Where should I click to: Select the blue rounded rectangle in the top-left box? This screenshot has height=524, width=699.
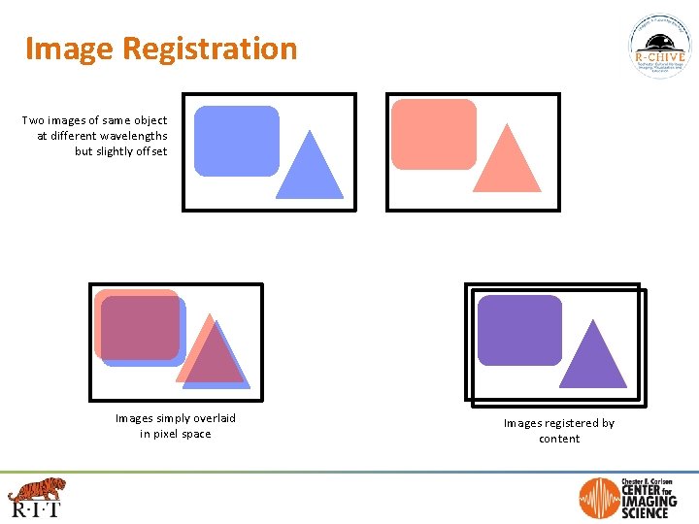click(x=236, y=141)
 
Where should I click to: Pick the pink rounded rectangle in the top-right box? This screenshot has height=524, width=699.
click(x=433, y=134)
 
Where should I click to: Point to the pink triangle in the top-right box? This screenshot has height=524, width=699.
click(x=506, y=163)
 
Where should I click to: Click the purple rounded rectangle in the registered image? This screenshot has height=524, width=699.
click(x=519, y=331)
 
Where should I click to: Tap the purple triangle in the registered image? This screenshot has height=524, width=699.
click(x=592, y=358)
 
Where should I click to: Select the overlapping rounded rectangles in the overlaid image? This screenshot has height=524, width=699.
click(x=140, y=327)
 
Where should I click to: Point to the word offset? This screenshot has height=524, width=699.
click(x=148, y=151)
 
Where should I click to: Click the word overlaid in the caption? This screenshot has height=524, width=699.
click(x=211, y=418)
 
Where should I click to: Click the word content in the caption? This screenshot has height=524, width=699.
click(x=559, y=439)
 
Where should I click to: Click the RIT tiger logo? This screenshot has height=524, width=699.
click(x=36, y=495)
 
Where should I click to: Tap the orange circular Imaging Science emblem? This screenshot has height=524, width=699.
click(x=599, y=499)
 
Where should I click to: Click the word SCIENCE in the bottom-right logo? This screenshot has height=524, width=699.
click(x=647, y=512)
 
